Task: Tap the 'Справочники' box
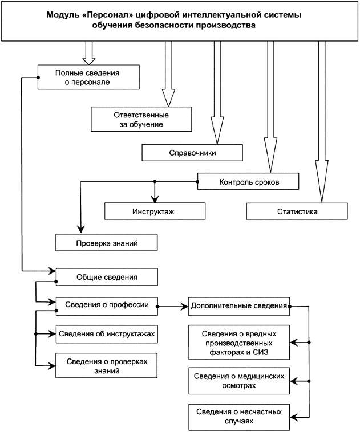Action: [193, 153]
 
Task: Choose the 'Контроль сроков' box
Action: [248, 183]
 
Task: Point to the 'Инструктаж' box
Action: [154, 211]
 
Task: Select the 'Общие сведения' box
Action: [107, 276]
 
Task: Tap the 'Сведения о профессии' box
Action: [107, 305]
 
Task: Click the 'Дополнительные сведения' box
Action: [238, 305]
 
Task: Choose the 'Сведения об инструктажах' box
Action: [107, 333]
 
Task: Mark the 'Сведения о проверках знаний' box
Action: [107, 365]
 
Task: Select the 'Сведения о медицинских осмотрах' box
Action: [238, 380]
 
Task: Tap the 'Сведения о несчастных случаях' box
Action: [238, 417]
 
